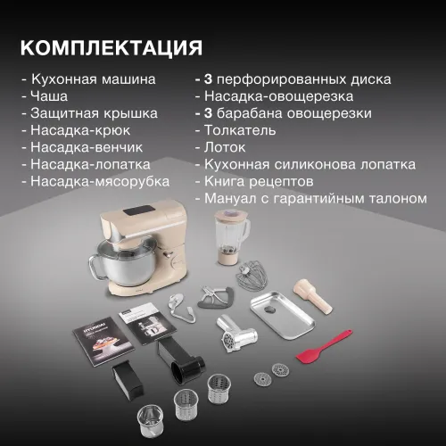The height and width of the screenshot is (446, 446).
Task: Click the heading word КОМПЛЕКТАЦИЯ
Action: pyautogui.click(x=111, y=48)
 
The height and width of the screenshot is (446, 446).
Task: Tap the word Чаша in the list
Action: pyautogui.click(x=49, y=96)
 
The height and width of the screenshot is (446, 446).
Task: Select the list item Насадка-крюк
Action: pyautogui.click(x=80, y=130)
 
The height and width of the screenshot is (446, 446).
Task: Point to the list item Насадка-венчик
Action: pyautogui.click(x=87, y=147)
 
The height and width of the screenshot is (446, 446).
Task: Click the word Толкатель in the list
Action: pyautogui.click(x=240, y=130)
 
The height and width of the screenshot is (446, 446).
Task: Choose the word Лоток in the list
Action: pyautogui.click(x=225, y=147)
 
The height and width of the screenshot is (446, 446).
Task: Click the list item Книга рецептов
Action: pyautogui.click(x=259, y=182)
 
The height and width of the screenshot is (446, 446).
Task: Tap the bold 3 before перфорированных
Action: pyautogui.click(x=208, y=79)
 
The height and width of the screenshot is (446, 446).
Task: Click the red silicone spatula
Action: pyautogui.click(x=323, y=346)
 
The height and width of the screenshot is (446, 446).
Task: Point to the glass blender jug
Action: pyautogui.click(x=231, y=237)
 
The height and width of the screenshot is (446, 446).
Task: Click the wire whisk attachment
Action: pyautogui.click(x=252, y=276)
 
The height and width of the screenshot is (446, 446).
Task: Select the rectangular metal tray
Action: pyautogui.click(x=282, y=315)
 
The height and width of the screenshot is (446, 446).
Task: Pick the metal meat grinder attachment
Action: pyautogui.click(x=236, y=334)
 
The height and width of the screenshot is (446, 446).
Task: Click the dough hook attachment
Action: pyautogui.click(x=180, y=310)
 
